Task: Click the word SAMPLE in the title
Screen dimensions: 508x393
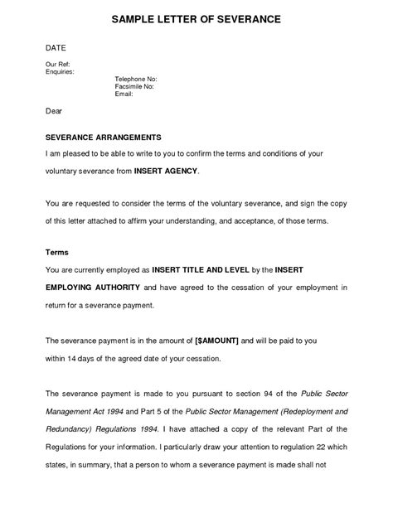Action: [133, 18]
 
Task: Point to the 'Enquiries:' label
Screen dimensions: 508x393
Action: [61, 71]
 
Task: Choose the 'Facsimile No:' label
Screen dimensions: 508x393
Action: [135, 85]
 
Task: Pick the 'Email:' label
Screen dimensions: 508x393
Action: [124, 93]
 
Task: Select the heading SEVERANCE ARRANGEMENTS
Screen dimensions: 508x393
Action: [103, 136]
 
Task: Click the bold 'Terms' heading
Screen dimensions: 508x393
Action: [57, 250]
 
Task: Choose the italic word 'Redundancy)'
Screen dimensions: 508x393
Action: [70, 430]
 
